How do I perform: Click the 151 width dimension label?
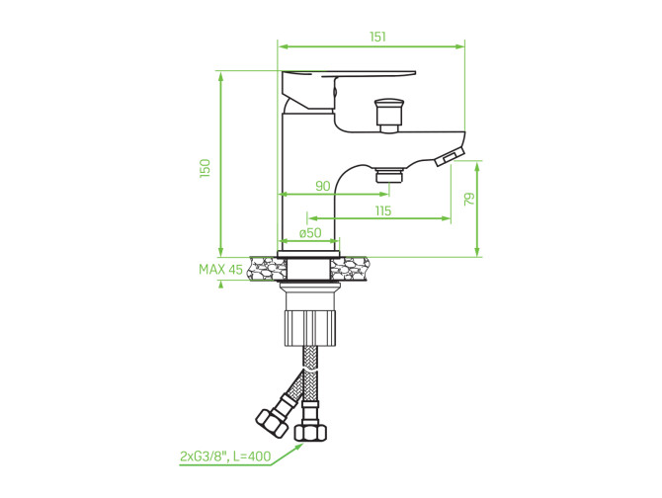377,37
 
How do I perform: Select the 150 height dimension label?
205,168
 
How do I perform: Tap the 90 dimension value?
323,186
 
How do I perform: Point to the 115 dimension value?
383,210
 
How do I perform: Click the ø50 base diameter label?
310,232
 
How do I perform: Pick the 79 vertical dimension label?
469,199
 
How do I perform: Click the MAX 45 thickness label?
220,270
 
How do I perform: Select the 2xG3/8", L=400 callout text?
225,456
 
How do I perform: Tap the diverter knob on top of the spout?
389,113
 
